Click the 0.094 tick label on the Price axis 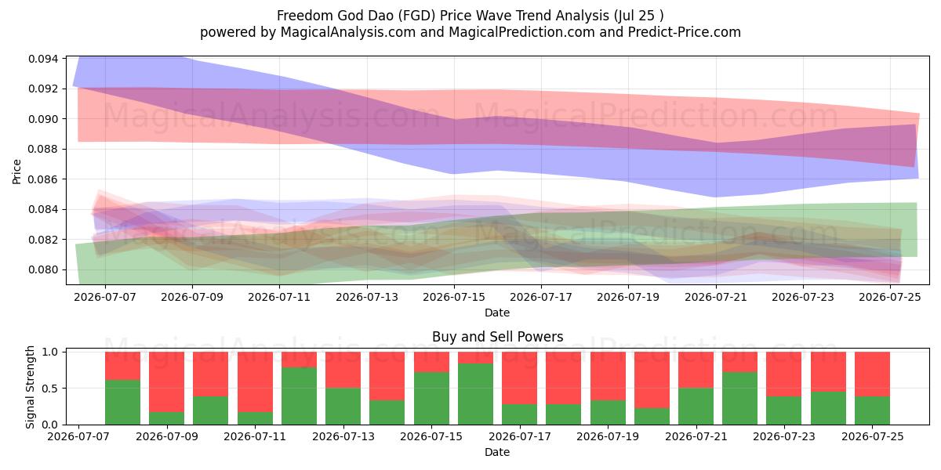click(x=43, y=59)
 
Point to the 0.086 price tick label click(x=43, y=179)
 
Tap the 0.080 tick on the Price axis click(x=43, y=269)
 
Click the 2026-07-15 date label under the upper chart click(x=454, y=297)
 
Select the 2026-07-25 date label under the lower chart click(x=873, y=436)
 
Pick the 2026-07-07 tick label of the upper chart click(x=105, y=297)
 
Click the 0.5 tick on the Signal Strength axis click(x=50, y=389)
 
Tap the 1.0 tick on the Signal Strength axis click(x=50, y=352)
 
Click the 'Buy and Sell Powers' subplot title click(x=497, y=337)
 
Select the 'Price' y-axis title click(x=16, y=172)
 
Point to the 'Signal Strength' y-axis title click(x=30, y=387)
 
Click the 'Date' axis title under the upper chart click(x=497, y=313)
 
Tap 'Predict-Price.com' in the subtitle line click(x=685, y=32)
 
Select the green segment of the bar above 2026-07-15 click(x=431, y=398)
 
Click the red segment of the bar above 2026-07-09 click(x=167, y=382)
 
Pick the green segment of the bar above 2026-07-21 click(x=696, y=407)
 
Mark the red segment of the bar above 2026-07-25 click(x=873, y=374)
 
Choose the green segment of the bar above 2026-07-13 click(x=343, y=407)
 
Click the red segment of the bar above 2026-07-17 click(x=520, y=378)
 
